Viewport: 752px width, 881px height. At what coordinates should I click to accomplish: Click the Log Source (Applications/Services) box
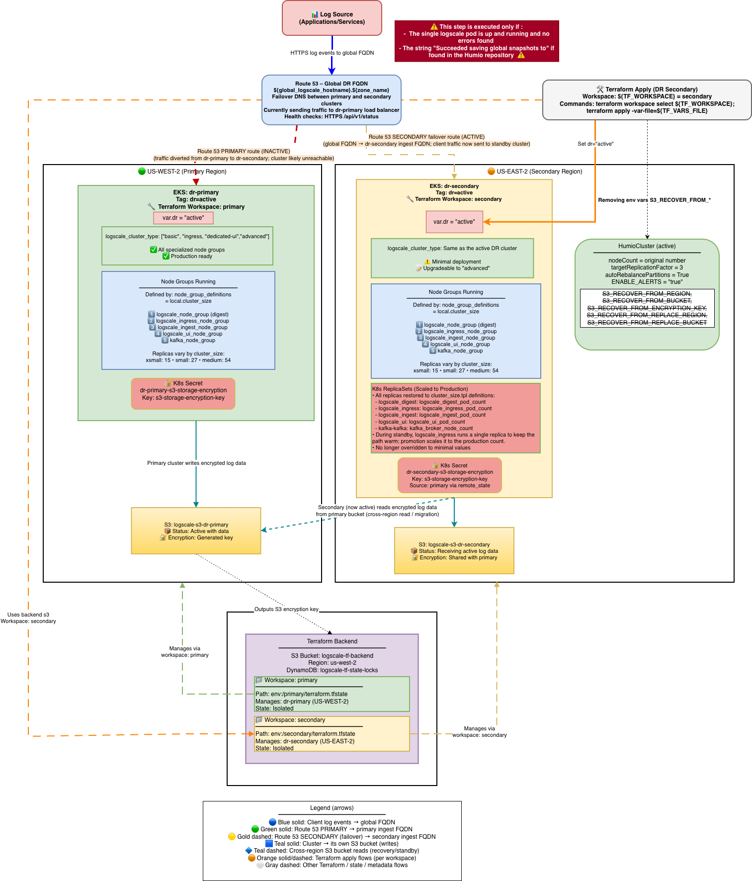pyautogui.click(x=332, y=18)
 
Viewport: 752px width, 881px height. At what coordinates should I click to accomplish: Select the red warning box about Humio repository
pyautogui.click(x=476, y=41)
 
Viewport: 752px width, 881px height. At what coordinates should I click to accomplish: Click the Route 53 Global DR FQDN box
pyautogui.click(x=331, y=100)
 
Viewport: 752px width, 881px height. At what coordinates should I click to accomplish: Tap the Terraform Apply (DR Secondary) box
pyautogui.click(x=646, y=100)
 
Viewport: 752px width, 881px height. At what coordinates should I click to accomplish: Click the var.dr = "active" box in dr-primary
pyautogui.click(x=183, y=218)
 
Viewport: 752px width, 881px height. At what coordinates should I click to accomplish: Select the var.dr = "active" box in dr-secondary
pyautogui.click(x=454, y=222)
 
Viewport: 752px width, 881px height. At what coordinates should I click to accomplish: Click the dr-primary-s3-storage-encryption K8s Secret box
pyautogui.click(x=183, y=394)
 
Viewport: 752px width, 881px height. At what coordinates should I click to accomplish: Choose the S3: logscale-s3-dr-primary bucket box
pyautogui.click(x=196, y=531)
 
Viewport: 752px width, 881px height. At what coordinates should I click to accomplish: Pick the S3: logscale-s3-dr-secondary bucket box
pyautogui.click(x=454, y=551)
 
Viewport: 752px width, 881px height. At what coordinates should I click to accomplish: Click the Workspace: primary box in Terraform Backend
pyautogui.click(x=332, y=694)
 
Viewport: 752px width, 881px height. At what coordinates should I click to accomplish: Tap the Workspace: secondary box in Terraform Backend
pyautogui.click(x=332, y=734)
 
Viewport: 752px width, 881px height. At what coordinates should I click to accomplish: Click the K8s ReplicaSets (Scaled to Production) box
pyautogui.click(x=455, y=418)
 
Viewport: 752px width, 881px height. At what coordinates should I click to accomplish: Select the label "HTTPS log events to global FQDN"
pyautogui.click(x=332, y=53)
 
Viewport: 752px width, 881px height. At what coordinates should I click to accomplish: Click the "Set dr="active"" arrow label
pyautogui.click(x=595, y=144)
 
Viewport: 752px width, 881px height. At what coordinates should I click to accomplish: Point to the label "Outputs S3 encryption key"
pyautogui.click(x=286, y=609)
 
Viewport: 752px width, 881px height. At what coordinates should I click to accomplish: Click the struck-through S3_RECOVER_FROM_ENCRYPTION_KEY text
pyautogui.click(x=646, y=308)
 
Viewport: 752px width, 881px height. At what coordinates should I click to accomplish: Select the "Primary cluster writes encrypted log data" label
pyautogui.click(x=196, y=463)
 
